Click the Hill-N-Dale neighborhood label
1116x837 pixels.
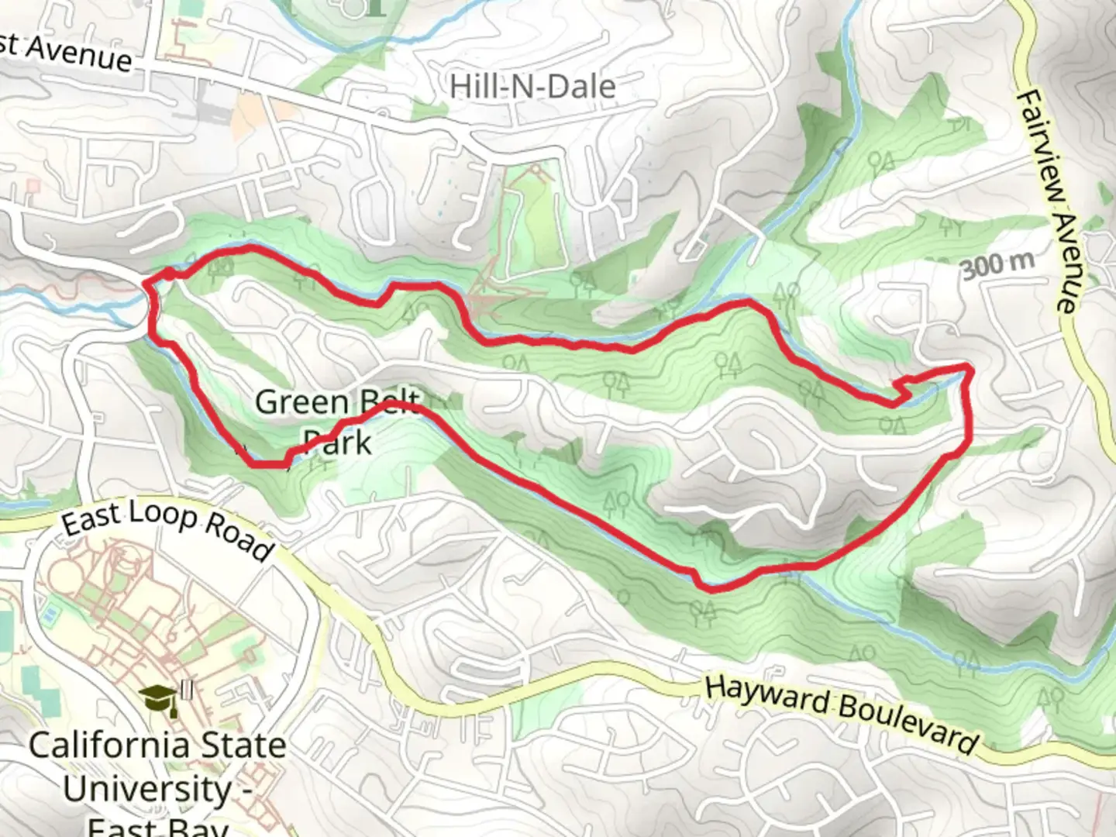(532, 86)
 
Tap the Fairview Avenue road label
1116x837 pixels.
(1047, 200)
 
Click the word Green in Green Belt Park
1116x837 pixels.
(301, 402)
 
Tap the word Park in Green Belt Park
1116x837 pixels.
(336, 443)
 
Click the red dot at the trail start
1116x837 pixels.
(168, 273)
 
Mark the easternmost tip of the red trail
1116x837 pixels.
(969, 367)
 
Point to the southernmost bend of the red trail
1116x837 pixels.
(710, 588)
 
